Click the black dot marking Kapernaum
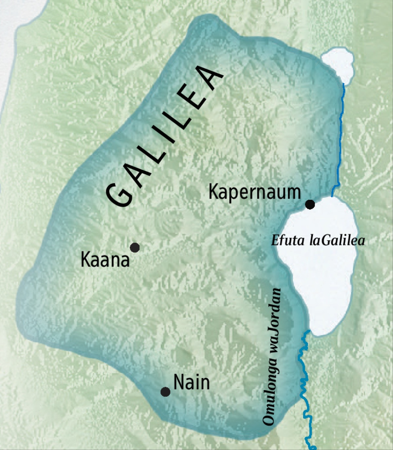[310, 205]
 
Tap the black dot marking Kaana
[135, 247]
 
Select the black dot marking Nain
[165, 392]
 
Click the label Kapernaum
[254, 192]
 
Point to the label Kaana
[105, 260]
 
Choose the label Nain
[192, 382]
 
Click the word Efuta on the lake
[288, 241]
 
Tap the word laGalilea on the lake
[337, 241]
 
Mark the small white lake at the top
[338, 64]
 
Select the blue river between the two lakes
[341, 138]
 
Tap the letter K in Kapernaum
[213, 192]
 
